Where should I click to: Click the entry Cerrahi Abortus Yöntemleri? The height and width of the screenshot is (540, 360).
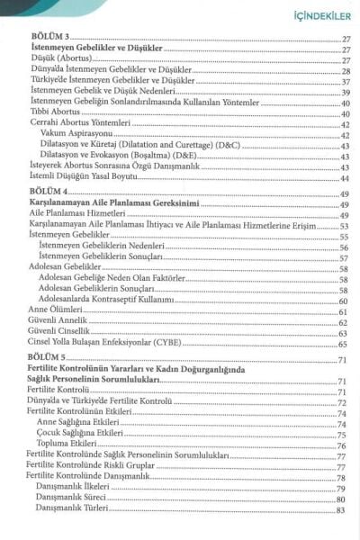72,123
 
